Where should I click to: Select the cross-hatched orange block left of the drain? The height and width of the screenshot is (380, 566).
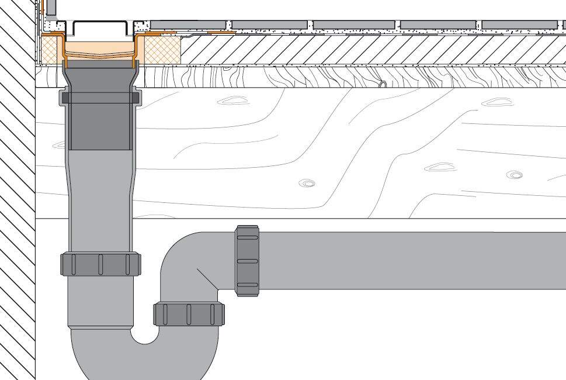pos(50,49)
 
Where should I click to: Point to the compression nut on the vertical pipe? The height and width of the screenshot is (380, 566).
pos(100,264)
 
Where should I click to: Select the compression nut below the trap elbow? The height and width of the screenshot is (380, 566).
pos(189,315)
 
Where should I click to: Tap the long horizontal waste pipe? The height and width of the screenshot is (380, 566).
pos(409,260)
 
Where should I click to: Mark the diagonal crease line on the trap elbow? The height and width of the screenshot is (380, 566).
pos(207,279)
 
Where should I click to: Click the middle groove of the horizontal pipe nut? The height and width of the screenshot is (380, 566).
pos(248,261)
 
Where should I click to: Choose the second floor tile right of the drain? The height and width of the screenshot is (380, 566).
pos(269,25)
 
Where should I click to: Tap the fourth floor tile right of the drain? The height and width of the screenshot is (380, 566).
pos(438,25)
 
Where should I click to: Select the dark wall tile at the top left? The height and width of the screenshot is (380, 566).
pos(51,8)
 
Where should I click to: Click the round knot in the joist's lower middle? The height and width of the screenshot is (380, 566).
pos(307,184)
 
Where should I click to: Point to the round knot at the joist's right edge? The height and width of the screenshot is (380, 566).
pos(514,174)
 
